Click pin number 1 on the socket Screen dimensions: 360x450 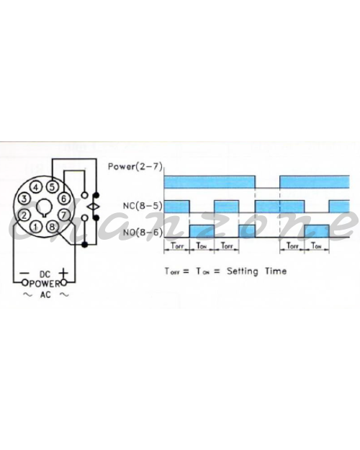point(35,228)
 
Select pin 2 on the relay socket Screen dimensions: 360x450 point(24,215)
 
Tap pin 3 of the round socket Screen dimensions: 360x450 point(24,199)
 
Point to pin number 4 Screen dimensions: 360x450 point(36,187)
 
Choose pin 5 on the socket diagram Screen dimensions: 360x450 point(52,186)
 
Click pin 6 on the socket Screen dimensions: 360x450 point(64,198)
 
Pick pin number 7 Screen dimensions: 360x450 point(64,215)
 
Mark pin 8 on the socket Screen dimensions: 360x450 point(52,227)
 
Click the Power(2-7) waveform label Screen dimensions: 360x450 point(135,166)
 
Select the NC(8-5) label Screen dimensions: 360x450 point(143,206)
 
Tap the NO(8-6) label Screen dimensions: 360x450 point(143,232)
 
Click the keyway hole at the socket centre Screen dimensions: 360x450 point(44,207)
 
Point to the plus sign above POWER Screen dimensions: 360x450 point(63,272)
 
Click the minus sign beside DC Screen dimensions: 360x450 point(25,273)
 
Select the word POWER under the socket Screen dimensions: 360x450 point(45,284)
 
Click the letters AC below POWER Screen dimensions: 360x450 point(45,294)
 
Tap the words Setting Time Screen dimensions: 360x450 point(256,271)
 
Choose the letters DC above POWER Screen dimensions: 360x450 point(45,274)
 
